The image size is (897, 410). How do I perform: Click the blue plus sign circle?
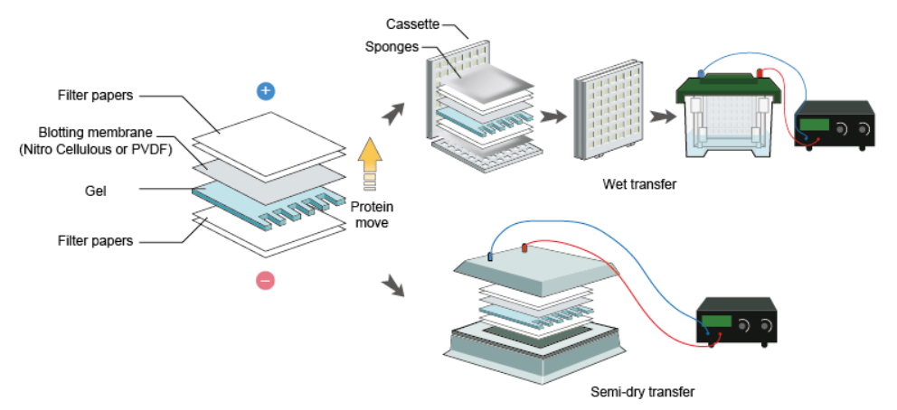pos(265,90)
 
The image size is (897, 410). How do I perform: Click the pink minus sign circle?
pos(265,281)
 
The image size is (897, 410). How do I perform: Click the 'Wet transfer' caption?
pos(639,185)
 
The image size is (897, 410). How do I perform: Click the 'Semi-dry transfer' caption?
pos(642,391)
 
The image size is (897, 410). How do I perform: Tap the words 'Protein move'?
pos(370,213)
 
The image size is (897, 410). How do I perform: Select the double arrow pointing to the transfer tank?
pos(662,116)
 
